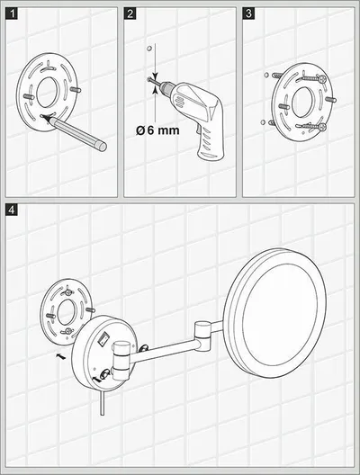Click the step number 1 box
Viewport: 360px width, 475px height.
pyautogui.click(x=12, y=13)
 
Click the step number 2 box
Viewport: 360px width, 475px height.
pyautogui.click(x=130, y=13)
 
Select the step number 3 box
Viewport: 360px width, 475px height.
pyautogui.click(x=248, y=13)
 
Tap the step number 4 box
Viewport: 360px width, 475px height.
pyautogui.click(x=12, y=210)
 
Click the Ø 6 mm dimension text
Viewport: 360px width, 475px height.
pyautogui.click(x=157, y=130)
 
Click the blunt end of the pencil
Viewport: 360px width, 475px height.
pyautogui.click(x=103, y=147)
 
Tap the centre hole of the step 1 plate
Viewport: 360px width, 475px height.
pyautogui.click(x=48, y=92)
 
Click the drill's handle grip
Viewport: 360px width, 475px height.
pyautogui.click(x=211, y=143)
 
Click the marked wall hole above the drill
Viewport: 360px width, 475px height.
pyautogui.click(x=148, y=49)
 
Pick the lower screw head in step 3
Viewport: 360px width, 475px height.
pyautogui.click(x=322, y=127)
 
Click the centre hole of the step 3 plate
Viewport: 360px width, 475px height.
pyautogui.click(x=302, y=103)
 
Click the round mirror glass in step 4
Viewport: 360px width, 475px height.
pyautogui.click(x=279, y=314)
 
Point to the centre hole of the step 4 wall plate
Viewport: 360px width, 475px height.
pyautogui.click(x=67, y=312)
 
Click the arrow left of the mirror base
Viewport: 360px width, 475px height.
pyautogui.click(x=61, y=356)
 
